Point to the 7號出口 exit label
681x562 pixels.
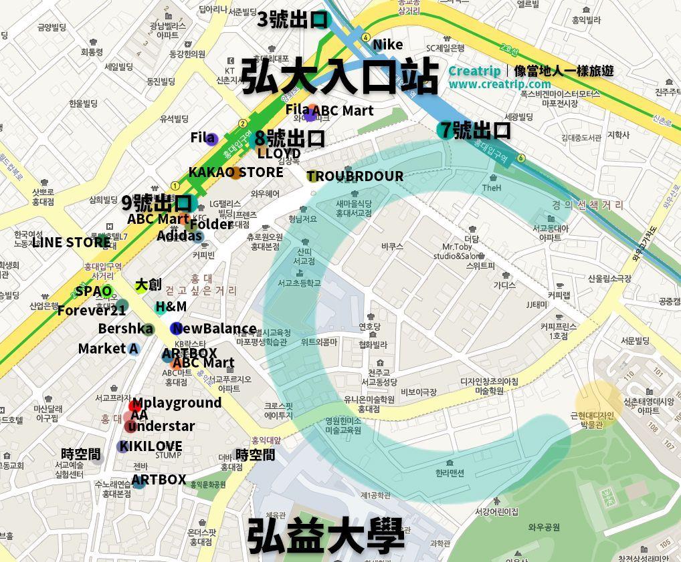tap(482, 130)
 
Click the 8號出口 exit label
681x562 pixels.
tap(290, 138)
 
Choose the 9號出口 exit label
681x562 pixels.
tap(157, 202)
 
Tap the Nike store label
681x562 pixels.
tap(388, 45)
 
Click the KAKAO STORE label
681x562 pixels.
tap(235, 172)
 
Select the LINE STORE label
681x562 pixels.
tap(71, 242)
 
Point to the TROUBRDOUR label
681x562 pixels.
tap(355, 176)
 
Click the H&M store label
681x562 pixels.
tap(171, 307)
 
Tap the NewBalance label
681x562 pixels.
tap(214, 329)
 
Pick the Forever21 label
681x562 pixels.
tap(92, 311)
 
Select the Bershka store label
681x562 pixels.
tap(125, 329)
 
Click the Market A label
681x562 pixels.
tap(108, 348)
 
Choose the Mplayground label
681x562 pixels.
tap(177, 403)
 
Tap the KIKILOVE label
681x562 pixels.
tap(151, 446)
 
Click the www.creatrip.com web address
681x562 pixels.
tap(500, 84)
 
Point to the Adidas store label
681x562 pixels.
tap(179, 236)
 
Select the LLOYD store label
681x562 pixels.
tap(279, 154)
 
